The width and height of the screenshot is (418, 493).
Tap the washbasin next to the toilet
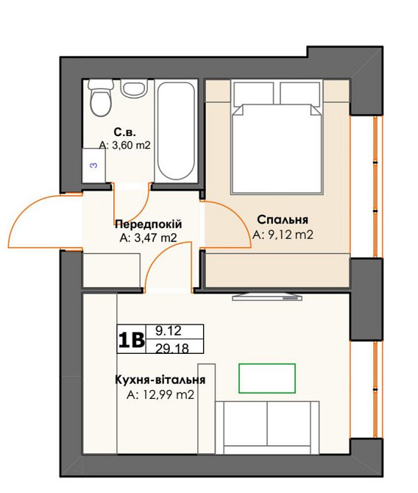point(135,88)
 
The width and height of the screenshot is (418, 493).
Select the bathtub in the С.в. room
point(176,131)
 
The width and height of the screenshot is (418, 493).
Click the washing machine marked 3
point(93,165)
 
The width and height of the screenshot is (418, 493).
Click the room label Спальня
point(283,220)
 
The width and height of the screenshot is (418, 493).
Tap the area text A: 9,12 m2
point(283,235)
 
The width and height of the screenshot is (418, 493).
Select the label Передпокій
point(148,224)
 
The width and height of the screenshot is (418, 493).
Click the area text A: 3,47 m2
point(148,238)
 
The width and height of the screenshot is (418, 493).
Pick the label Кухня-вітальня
point(160,380)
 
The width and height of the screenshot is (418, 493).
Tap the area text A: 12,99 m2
point(160,394)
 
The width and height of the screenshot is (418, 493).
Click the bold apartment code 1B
point(132,339)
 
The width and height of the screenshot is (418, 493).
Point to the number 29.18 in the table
point(172,348)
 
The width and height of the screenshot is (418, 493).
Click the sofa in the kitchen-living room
point(267,428)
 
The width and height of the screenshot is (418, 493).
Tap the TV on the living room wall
point(267,297)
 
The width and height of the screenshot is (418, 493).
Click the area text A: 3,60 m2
point(125,145)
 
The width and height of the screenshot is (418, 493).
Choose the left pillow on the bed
point(253,93)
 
